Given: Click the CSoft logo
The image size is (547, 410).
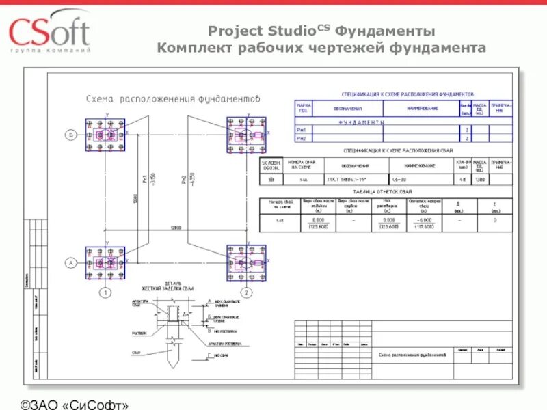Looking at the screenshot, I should [49, 31].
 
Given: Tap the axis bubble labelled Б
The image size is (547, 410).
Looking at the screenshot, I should [70, 135].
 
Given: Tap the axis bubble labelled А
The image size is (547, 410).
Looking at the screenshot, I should [70, 262].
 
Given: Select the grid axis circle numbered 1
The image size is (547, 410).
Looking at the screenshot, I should [105, 292].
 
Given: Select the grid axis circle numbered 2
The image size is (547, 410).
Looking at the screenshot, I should [247, 292].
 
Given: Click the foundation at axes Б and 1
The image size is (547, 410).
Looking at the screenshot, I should [105, 135].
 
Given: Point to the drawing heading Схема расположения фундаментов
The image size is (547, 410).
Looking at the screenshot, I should [174, 99].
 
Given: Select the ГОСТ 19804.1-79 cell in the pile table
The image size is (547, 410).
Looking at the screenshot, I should [356, 180].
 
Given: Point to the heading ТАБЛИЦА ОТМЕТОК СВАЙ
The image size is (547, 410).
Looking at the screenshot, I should [385, 192].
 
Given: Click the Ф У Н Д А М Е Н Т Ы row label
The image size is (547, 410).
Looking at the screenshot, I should [362, 122].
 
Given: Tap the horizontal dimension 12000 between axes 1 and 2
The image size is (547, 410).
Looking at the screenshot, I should [176, 227].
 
